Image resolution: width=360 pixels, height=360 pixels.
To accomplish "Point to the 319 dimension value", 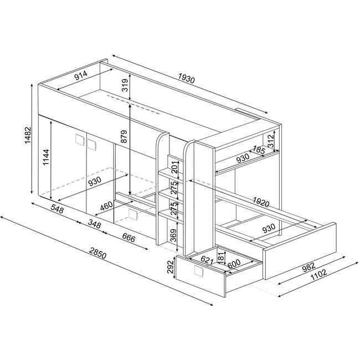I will coord(125,85).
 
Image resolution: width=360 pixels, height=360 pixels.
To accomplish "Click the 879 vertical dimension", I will coord(125,137).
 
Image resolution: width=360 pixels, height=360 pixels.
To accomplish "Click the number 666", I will coord(128,238).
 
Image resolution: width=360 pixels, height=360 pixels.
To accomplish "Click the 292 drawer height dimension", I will coord(171,269).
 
